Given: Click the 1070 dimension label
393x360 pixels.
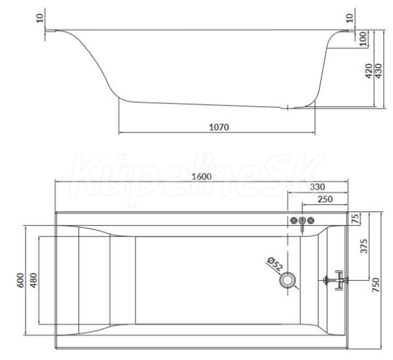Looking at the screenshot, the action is [x=219, y=127].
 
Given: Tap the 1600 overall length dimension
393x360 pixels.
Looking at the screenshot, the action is [x=202, y=177].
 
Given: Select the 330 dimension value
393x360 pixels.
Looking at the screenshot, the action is [x=317, y=187].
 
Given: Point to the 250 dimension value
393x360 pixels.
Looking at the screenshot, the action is [x=325, y=199].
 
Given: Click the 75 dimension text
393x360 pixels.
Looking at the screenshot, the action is [x=355, y=218].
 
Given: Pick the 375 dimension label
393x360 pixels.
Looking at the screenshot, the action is [x=364, y=246].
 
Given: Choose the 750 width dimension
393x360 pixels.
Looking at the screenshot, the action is [x=376, y=285].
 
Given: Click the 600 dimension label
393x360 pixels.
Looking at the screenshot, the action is [x=20, y=280].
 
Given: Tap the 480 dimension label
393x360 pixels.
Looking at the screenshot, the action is [x=33, y=280].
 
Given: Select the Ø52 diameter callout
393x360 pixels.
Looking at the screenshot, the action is [x=274, y=264].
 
